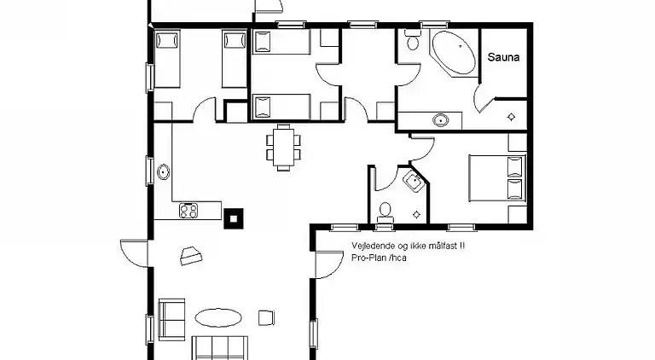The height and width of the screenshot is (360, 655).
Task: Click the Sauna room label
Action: tap(503, 57)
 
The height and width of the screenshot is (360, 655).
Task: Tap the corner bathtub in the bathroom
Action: tap(454, 53)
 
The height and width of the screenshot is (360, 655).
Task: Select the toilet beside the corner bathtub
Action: tap(413, 40)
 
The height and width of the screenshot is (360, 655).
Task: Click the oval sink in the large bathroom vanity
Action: tap(440, 120)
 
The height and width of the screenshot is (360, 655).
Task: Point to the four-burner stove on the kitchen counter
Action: tap(188, 211)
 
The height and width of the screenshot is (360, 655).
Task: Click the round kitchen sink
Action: tap(164, 171)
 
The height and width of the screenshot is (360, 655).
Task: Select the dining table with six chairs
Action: tap(284, 148)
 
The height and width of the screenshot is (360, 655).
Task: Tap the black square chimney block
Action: tap(234, 218)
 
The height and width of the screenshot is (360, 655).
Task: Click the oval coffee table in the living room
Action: tap(218, 318)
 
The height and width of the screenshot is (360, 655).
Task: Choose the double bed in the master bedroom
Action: tap(496, 177)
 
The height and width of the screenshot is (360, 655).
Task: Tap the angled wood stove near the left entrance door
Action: tap(191, 256)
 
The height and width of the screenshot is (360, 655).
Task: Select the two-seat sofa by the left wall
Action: tap(171, 320)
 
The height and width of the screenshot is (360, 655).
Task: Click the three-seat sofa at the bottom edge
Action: tap(220, 347)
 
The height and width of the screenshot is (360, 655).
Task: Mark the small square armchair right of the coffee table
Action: tap(266, 318)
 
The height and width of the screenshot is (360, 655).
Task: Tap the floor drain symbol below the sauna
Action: tap(511, 117)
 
